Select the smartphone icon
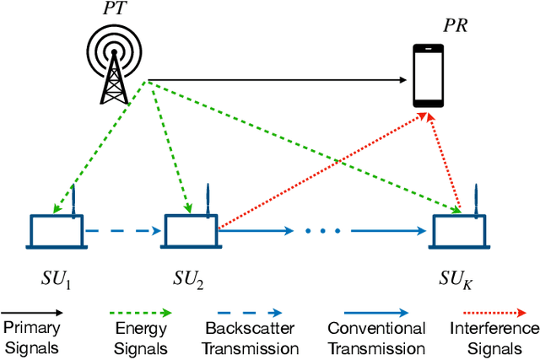(429, 76)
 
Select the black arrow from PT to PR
(278, 81)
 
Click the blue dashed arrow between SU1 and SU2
(122, 228)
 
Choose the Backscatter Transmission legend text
(251, 336)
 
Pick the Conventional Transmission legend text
(375, 336)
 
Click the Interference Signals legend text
(492, 336)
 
